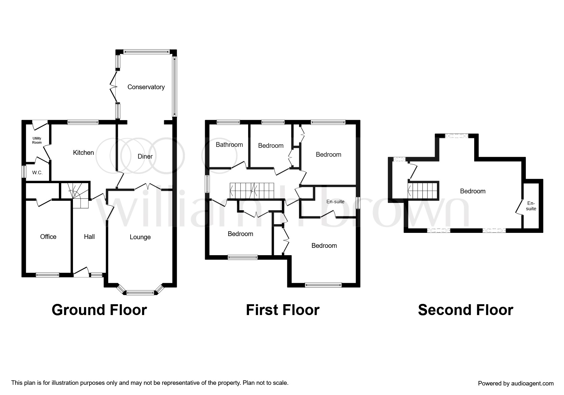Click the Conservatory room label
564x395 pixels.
pos(146,87)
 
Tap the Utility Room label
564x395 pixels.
pos(37,140)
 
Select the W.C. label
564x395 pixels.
pos(37,173)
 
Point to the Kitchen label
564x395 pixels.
pos(83,153)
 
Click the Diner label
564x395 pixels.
pos(145,156)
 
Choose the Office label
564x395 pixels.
pos(48,237)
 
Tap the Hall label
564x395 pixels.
pos(89,237)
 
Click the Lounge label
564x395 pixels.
pos(140,237)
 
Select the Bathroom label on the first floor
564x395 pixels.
pos(229,145)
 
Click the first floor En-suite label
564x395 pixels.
pos(335,202)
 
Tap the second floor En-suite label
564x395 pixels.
pos(531,206)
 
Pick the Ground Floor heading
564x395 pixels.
pos(99,310)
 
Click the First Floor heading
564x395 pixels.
pos(282,310)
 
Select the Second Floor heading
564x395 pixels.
pos(465,310)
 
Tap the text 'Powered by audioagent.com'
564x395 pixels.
pos(516,384)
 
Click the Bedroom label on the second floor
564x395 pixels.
pos(473,191)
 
